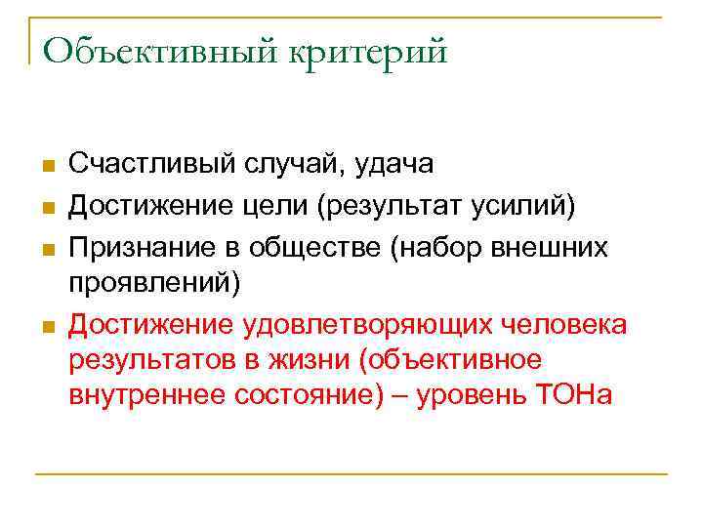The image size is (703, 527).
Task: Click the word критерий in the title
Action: click(x=366, y=51)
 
